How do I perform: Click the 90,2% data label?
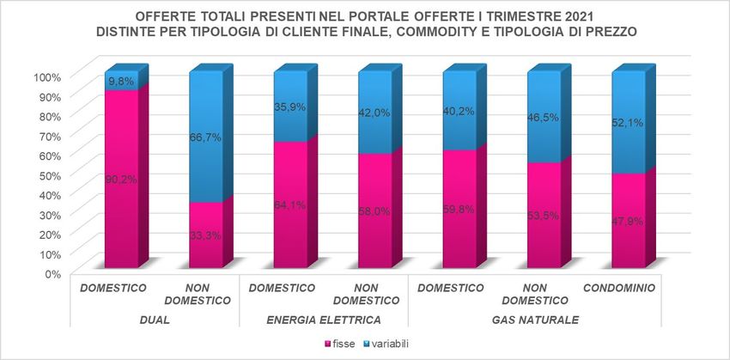122,180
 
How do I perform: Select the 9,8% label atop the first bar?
122,81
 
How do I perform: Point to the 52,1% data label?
628,123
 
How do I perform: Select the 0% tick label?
53,273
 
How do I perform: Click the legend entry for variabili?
391,344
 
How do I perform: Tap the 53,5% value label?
544,216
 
